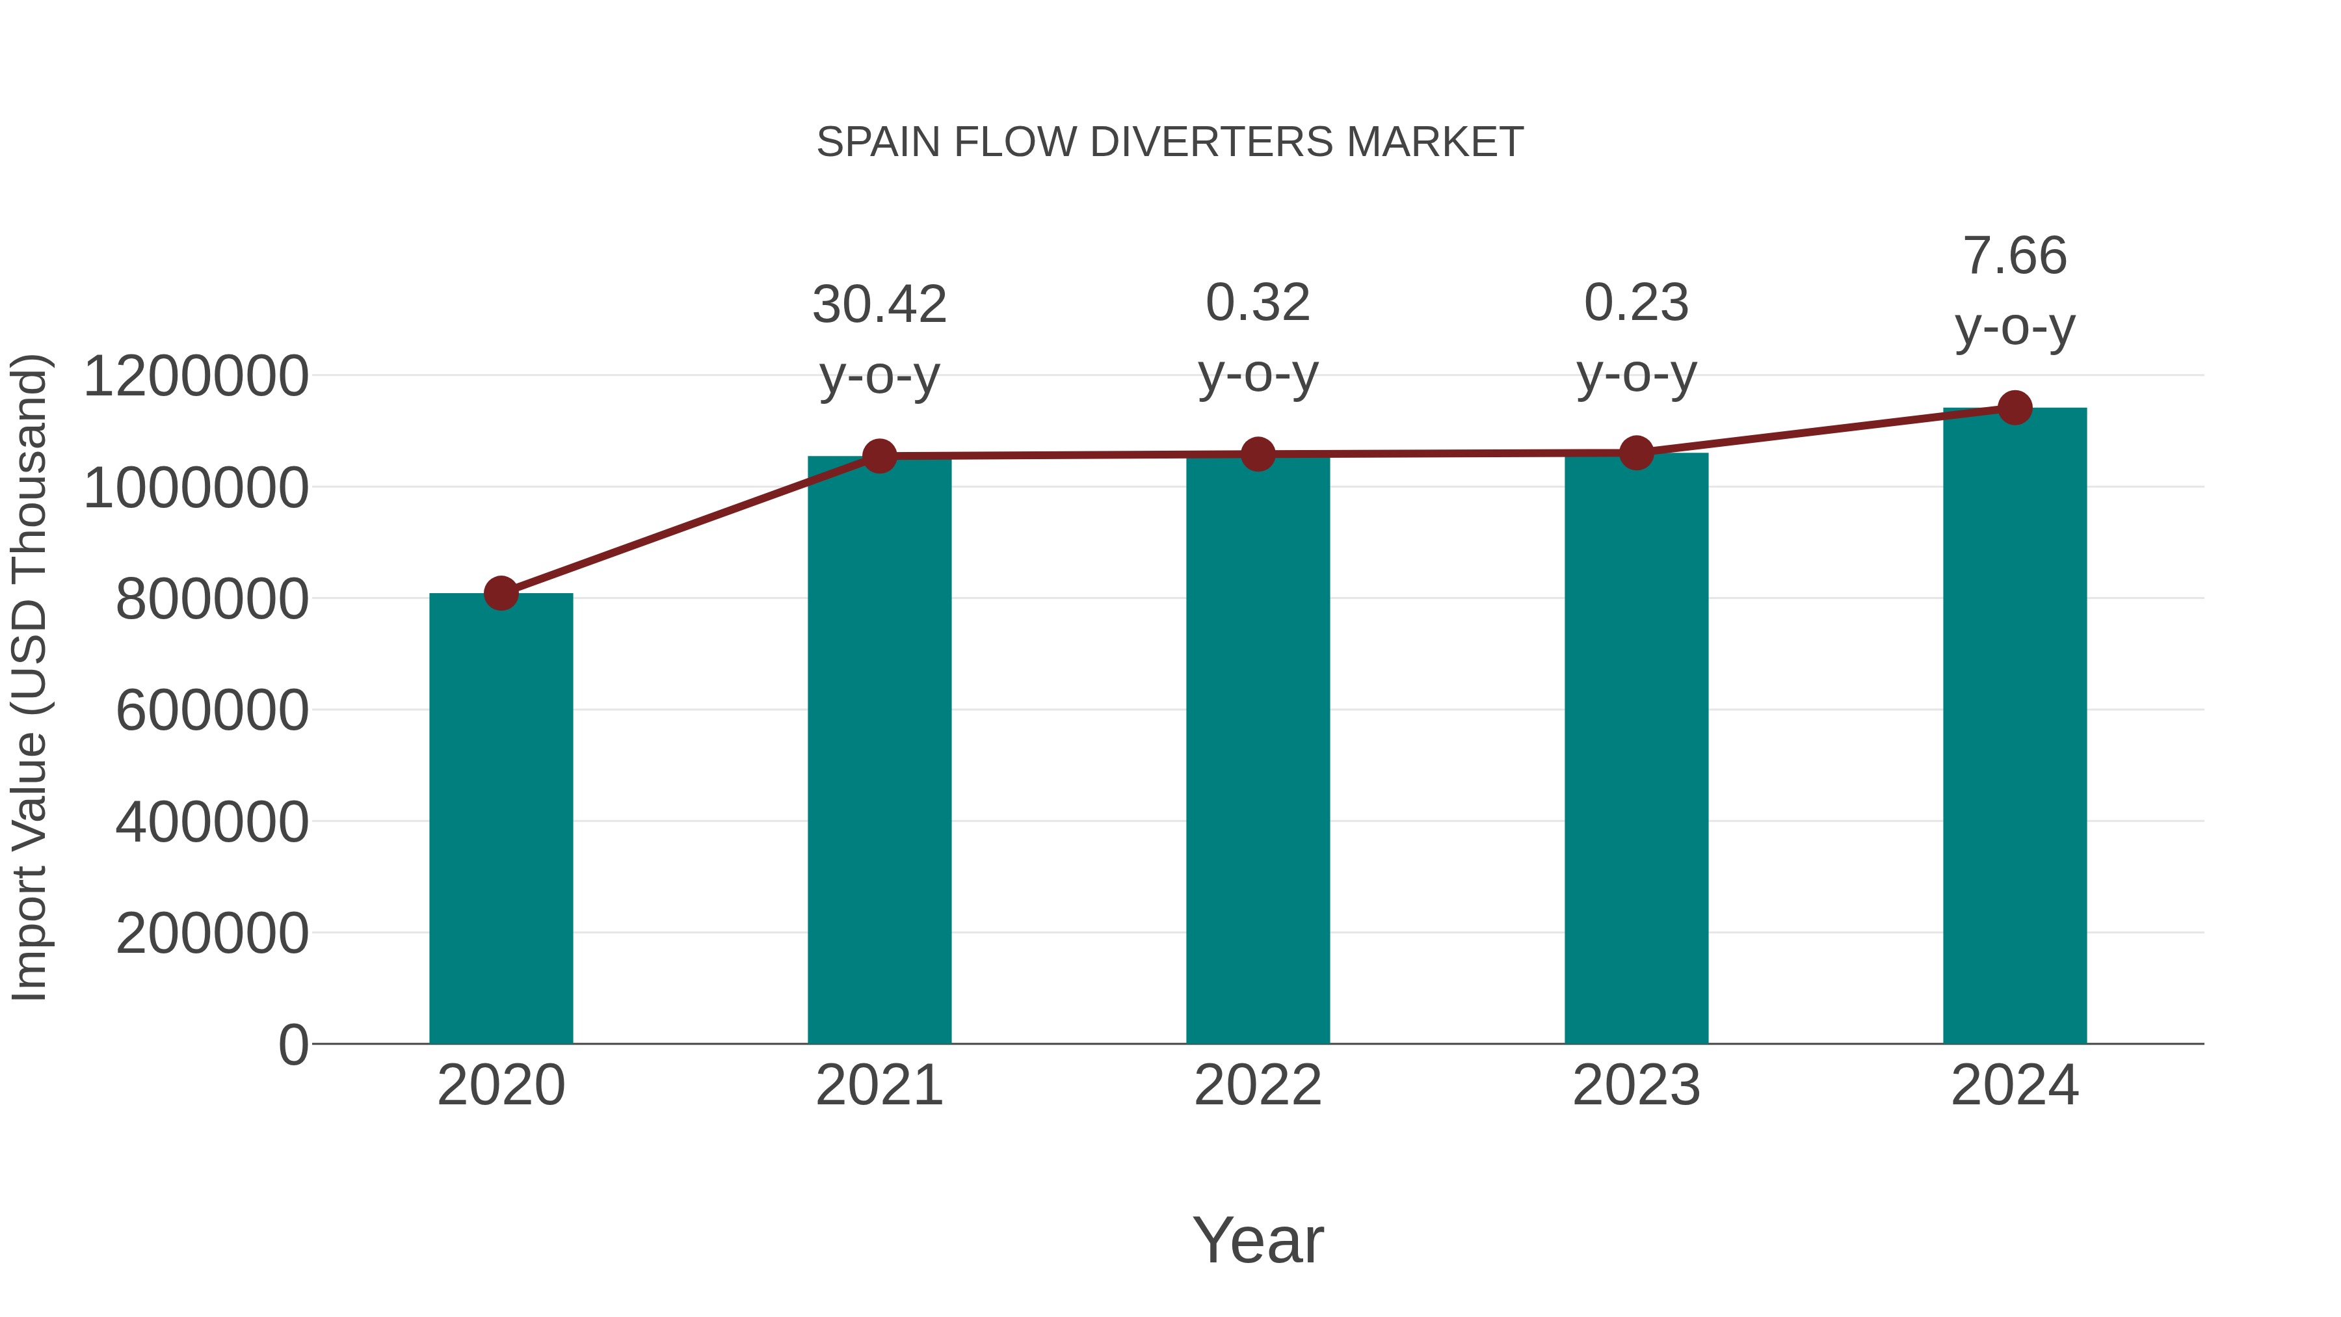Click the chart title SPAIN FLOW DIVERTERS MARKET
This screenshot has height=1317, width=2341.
tap(1170, 142)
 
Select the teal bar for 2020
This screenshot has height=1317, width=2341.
tap(501, 818)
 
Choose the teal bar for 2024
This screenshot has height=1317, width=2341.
tap(2015, 727)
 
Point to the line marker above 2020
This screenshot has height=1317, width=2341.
tap(501, 594)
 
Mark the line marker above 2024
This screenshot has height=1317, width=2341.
tap(2015, 408)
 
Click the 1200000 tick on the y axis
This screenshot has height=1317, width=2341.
tap(195, 377)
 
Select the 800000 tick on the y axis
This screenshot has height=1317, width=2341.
tap(212, 599)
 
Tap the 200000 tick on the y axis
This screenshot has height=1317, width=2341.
tap(212, 933)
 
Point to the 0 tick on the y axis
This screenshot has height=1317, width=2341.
tap(293, 1045)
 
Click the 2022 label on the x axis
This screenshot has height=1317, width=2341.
tap(1258, 1085)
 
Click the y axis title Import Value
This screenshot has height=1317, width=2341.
tap(29, 677)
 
